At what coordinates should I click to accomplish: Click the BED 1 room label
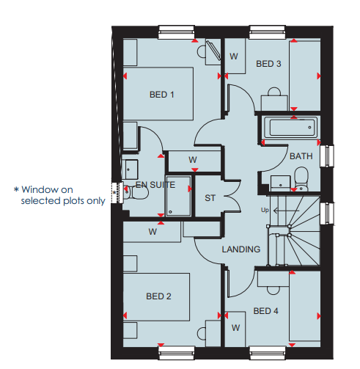click(161, 95)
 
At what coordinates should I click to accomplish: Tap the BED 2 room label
click(158, 296)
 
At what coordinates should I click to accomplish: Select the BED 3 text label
click(268, 64)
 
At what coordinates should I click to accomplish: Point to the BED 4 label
click(265, 311)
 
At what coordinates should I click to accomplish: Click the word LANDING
click(241, 249)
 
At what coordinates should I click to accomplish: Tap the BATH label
click(301, 156)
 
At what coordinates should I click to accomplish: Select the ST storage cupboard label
click(210, 198)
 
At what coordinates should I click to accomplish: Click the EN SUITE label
click(155, 185)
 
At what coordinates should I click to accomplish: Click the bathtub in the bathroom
click(291, 128)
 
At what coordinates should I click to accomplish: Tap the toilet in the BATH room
click(301, 179)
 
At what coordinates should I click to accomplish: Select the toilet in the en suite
click(137, 192)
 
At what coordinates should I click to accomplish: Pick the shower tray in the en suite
click(178, 196)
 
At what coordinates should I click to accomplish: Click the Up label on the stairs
click(265, 210)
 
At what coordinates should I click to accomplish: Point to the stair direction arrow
click(286, 211)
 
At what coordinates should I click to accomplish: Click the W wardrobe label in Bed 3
click(234, 56)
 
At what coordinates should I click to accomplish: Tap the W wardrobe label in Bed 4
click(235, 328)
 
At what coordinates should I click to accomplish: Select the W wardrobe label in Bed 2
click(153, 232)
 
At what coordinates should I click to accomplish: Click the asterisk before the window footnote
click(16, 189)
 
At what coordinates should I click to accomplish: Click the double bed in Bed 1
click(158, 94)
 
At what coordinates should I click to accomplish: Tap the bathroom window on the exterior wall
click(327, 156)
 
